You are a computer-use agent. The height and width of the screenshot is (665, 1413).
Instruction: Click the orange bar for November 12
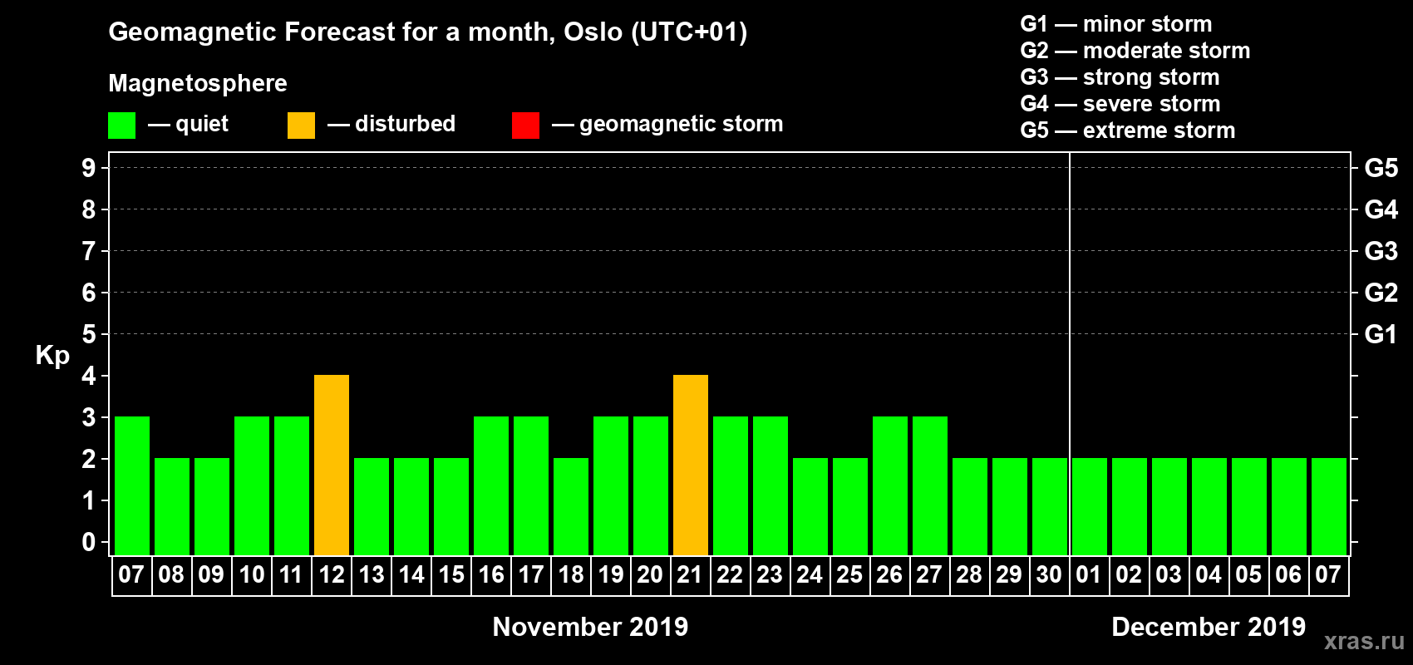point(331,465)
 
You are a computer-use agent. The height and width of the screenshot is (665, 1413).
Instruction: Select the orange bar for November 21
point(691,465)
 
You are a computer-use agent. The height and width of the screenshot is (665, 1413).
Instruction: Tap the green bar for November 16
point(490,485)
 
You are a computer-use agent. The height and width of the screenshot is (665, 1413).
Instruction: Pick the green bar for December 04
point(1209,506)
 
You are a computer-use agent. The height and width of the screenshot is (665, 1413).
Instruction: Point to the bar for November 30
point(1050,506)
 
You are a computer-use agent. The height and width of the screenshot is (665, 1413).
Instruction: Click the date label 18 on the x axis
point(571,574)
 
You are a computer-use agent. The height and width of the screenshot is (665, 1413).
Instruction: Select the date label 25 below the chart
point(849,574)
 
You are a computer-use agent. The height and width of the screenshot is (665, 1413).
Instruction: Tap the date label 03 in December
point(1169,574)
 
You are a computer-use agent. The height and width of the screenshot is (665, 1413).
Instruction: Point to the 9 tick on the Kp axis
point(88,168)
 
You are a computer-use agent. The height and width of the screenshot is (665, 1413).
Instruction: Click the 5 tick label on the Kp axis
point(88,334)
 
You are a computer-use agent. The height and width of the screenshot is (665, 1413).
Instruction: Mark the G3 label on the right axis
point(1381,251)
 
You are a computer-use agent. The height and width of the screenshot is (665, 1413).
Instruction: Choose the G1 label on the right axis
point(1381,334)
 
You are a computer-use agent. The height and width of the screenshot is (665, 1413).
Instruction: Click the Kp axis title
point(52,356)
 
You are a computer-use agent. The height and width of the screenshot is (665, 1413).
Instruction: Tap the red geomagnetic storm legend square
point(526,125)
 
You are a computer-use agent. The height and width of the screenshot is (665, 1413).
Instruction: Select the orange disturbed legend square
point(301,125)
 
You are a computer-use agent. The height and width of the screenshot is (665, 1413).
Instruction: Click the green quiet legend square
point(121,125)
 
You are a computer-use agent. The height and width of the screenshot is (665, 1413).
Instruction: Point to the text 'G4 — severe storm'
point(1120,103)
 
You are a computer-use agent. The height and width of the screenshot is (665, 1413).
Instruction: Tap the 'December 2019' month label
point(1209,627)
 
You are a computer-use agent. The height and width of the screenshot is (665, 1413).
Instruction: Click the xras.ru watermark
point(1365,642)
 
